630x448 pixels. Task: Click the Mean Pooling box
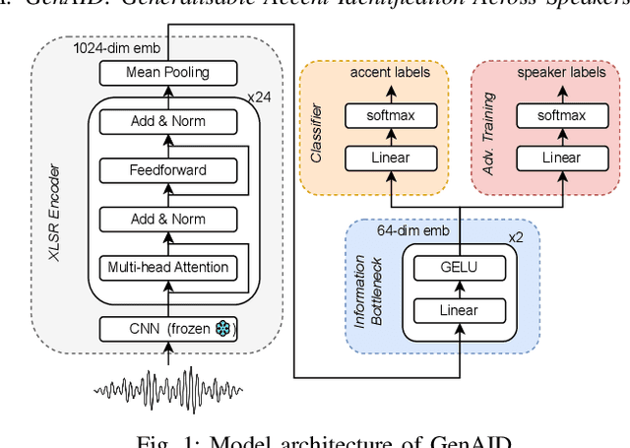point(166,73)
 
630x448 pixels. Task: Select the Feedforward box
point(166,169)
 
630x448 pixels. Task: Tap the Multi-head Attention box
point(166,266)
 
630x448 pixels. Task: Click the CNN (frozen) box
point(166,328)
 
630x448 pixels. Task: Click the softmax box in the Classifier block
point(391,116)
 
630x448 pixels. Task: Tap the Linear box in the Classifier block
point(391,157)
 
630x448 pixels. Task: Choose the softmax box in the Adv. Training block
point(563,116)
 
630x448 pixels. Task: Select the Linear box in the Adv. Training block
point(563,157)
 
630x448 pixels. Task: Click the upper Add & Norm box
point(166,122)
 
